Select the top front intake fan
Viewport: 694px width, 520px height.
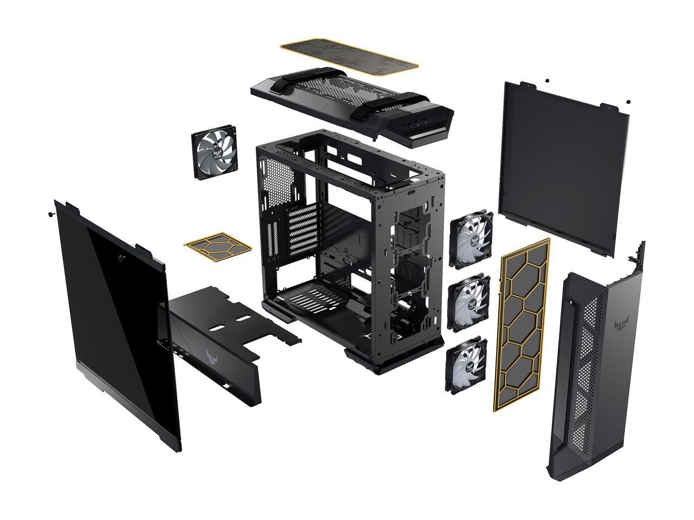click(471, 239)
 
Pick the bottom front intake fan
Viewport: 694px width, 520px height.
click(466, 365)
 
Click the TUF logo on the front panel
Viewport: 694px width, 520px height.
click(621, 326)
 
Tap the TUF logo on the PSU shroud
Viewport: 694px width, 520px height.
click(215, 357)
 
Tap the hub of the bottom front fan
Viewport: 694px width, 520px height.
click(466, 365)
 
